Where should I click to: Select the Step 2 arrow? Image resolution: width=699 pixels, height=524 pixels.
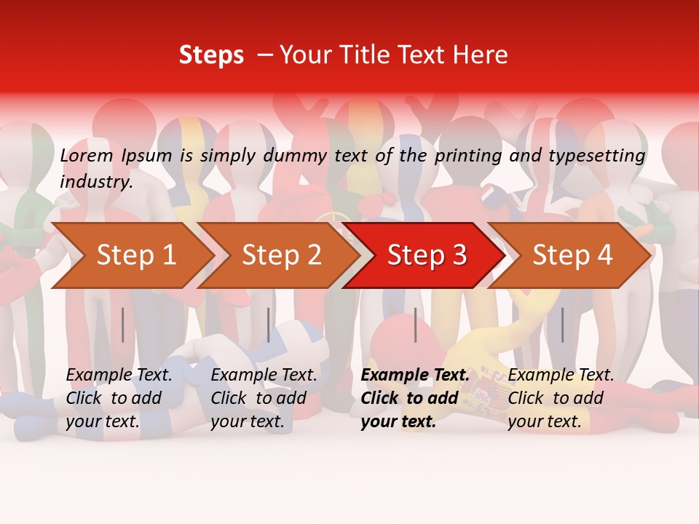click(281, 255)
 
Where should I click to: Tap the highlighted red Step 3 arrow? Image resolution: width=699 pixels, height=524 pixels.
click(427, 255)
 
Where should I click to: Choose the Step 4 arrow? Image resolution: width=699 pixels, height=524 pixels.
click(572, 255)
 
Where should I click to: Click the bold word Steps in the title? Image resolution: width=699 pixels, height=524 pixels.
click(211, 55)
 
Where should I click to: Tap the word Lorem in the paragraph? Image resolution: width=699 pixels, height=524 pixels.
click(87, 155)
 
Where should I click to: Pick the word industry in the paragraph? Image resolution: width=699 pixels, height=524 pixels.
click(95, 181)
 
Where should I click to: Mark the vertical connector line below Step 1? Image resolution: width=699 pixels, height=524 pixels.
click(123, 325)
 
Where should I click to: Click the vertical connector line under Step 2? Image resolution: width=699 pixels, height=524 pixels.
click(269, 325)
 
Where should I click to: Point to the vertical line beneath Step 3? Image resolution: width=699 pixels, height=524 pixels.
click(415, 325)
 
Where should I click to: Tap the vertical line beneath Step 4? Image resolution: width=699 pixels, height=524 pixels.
click(562, 325)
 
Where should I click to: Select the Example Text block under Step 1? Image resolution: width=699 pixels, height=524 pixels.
click(119, 398)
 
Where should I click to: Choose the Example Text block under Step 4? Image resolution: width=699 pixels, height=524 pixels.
click(561, 398)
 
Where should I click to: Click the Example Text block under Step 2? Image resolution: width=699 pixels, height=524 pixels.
click(264, 398)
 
